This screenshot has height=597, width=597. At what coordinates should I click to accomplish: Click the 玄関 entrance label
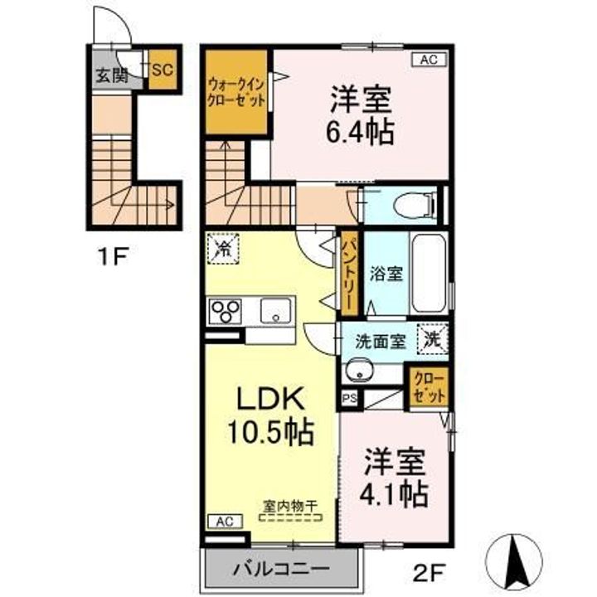(111, 75)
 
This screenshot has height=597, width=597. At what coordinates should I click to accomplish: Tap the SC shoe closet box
(163, 70)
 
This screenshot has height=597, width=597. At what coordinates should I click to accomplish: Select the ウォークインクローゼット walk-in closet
(236, 92)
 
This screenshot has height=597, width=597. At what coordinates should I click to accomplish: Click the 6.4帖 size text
(360, 133)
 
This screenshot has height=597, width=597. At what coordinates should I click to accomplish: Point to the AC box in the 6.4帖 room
(430, 60)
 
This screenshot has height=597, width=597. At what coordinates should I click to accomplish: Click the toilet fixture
(415, 206)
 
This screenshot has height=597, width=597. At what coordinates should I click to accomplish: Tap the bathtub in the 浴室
(430, 274)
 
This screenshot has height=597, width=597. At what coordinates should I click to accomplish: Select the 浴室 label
(386, 274)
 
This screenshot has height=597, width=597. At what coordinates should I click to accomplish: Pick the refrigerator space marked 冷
(223, 249)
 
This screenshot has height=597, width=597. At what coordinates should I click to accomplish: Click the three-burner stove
(226, 312)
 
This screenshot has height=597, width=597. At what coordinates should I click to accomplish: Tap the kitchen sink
(275, 311)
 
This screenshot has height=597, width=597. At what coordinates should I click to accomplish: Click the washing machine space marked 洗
(433, 339)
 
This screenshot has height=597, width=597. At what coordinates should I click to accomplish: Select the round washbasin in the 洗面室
(359, 371)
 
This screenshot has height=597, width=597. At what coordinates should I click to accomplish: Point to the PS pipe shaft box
(350, 399)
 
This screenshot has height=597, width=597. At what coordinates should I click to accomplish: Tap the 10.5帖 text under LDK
(270, 432)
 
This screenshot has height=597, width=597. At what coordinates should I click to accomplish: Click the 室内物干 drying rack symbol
(290, 517)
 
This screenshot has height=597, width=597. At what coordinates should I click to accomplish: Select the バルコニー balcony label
(281, 570)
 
